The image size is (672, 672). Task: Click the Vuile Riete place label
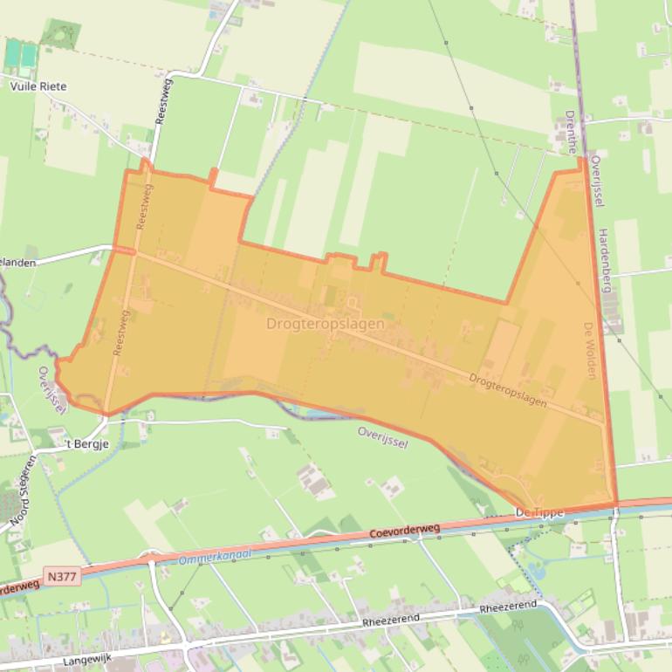point(38,86)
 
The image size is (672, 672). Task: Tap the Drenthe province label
point(570,132)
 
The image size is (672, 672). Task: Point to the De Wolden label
point(590,350)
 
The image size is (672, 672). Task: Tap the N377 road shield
point(63,577)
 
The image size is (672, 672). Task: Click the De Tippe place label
point(540,512)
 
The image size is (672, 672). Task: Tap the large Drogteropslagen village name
point(325,324)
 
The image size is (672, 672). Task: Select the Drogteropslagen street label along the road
point(507,391)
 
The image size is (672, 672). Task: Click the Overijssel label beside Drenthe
point(597,182)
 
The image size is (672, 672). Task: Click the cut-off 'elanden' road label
point(19,261)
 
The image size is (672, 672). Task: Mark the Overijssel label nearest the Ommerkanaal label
point(383,436)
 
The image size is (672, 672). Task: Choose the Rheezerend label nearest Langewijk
point(391,621)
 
